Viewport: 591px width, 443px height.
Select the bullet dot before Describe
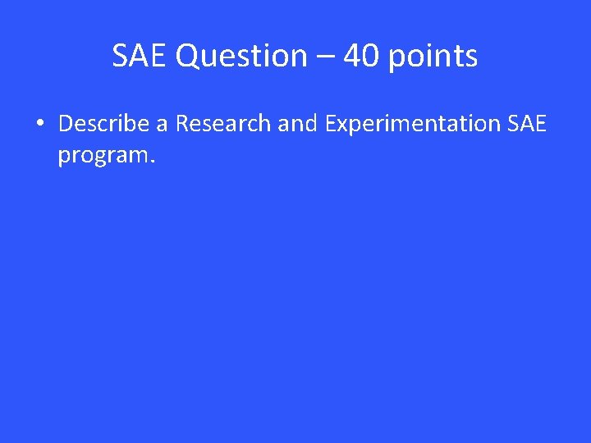coord(39,125)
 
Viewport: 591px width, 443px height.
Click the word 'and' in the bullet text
coord(297,124)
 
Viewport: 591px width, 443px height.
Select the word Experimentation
coord(413,125)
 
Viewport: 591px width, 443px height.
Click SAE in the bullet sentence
coord(527,124)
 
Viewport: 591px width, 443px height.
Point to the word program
coord(101,155)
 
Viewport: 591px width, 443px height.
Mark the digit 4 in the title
coord(351,57)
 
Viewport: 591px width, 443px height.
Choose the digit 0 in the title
coord(369,57)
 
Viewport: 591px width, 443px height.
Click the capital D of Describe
coord(66,124)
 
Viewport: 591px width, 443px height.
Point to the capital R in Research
coord(182,124)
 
